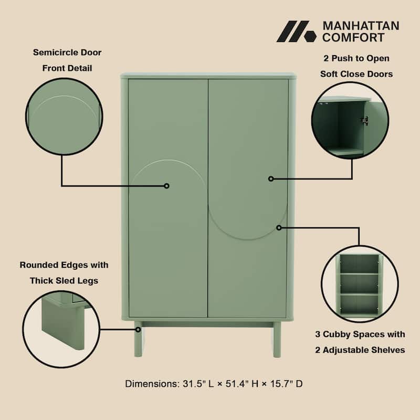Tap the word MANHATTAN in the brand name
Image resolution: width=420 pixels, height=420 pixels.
(360, 26)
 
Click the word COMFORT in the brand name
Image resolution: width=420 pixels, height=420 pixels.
(353, 37)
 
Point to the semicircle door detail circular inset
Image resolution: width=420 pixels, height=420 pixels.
(64, 116)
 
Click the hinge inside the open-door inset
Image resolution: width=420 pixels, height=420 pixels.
(364, 120)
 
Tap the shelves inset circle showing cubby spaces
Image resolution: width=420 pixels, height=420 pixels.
(360, 283)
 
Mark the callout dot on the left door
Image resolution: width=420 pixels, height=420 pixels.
(166, 186)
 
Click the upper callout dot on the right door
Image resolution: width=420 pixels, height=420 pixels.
(271, 178)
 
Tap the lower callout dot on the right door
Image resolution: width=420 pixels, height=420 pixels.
(279, 227)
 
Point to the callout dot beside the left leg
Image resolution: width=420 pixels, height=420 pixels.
(138, 330)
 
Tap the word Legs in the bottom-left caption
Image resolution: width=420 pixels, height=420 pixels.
(87, 281)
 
